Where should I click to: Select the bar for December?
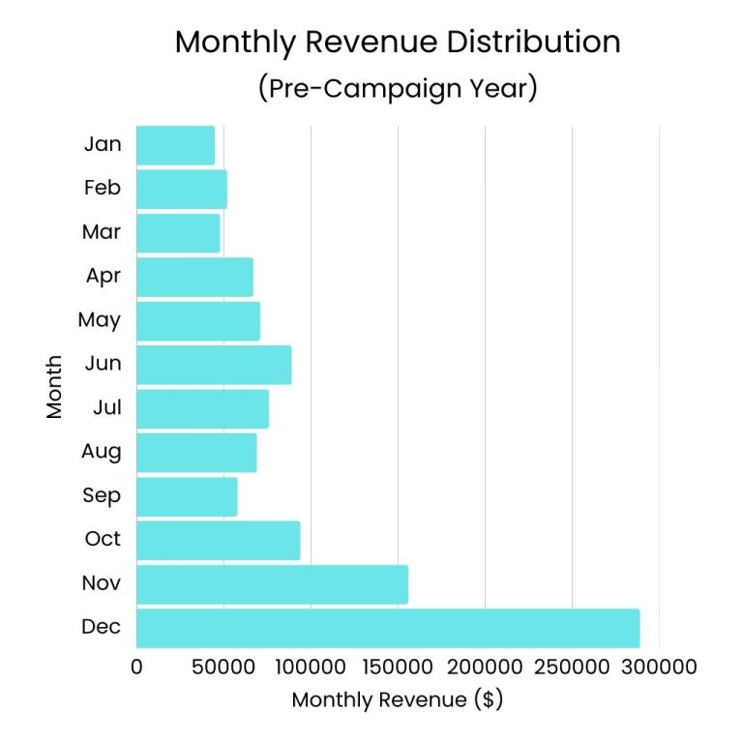pyautogui.click(x=387, y=628)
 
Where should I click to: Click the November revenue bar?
pyautogui.click(x=272, y=584)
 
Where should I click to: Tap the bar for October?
pyautogui.click(x=218, y=540)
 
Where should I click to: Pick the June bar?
pyautogui.click(x=213, y=365)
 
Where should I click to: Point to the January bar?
pyautogui.click(x=175, y=145)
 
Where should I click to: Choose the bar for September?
pyautogui.click(x=187, y=496)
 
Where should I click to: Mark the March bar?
pyautogui.click(x=178, y=233)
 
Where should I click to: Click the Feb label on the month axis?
pyautogui.click(x=102, y=189)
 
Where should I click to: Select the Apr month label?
pyautogui.click(x=103, y=277)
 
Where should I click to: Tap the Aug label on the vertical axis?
pyautogui.click(x=102, y=452)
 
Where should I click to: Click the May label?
pyautogui.click(x=99, y=320)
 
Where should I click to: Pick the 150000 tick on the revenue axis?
pyautogui.click(x=398, y=668)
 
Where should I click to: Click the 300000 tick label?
pyautogui.click(x=659, y=668)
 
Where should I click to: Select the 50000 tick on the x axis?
pyautogui.click(x=223, y=668)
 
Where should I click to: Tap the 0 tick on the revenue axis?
pyautogui.click(x=136, y=668)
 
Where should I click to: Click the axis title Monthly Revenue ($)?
pyautogui.click(x=398, y=699)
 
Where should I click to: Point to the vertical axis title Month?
pyautogui.click(x=54, y=387)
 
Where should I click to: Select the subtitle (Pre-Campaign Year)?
pyautogui.click(x=398, y=89)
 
